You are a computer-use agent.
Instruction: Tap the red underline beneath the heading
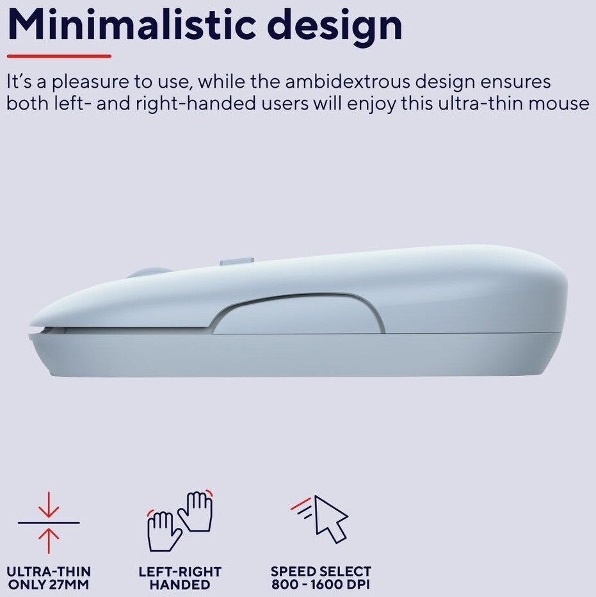click(x=59, y=56)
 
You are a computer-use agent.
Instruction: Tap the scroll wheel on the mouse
click(x=150, y=273)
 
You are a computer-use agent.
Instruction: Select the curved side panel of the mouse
click(x=297, y=314)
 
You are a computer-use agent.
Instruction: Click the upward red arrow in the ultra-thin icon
click(x=49, y=541)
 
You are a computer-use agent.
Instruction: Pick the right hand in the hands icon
click(x=195, y=511)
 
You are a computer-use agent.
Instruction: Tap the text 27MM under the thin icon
click(x=69, y=584)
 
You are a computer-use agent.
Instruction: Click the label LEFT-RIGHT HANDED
click(x=180, y=578)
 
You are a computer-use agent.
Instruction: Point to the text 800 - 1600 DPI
click(x=321, y=584)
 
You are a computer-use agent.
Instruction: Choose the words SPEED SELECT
click(x=321, y=571)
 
